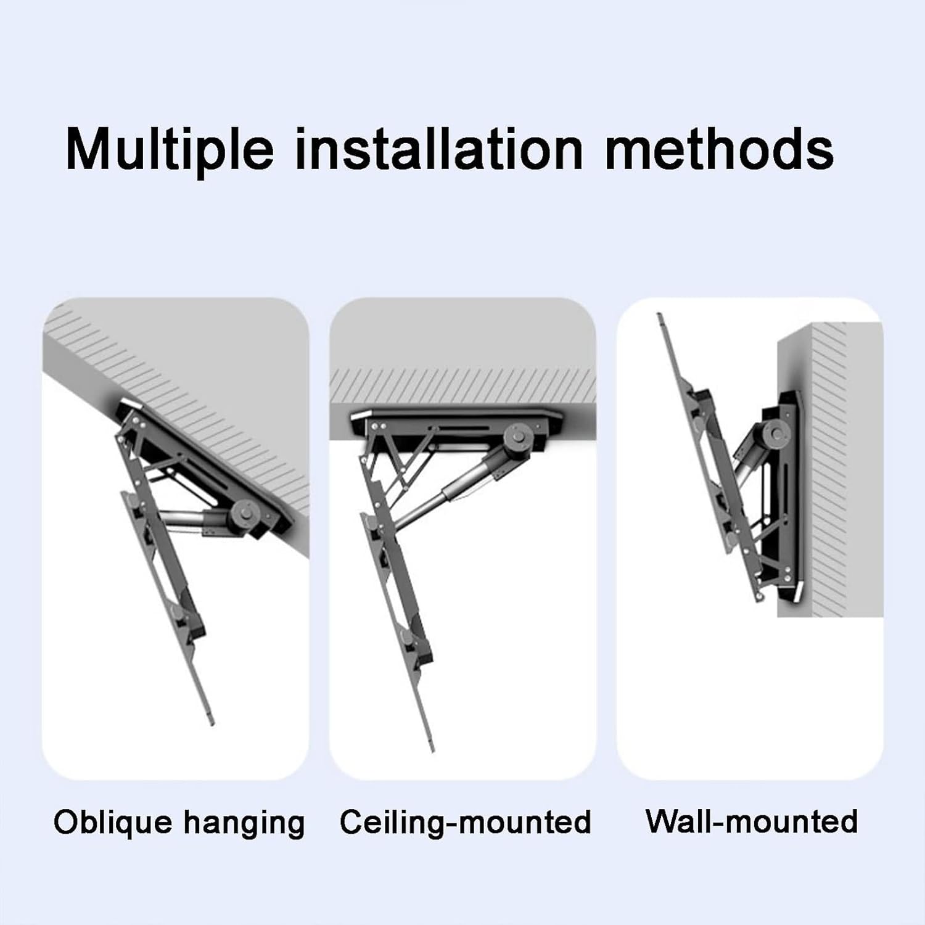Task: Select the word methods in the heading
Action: [719, 149]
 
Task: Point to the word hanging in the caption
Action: [244, 824]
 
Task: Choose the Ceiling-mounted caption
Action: [465, 823]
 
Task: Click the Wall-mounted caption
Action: [751, 821]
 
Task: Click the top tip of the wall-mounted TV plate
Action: [660, 318]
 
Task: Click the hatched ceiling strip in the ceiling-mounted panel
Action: [462, 382]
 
